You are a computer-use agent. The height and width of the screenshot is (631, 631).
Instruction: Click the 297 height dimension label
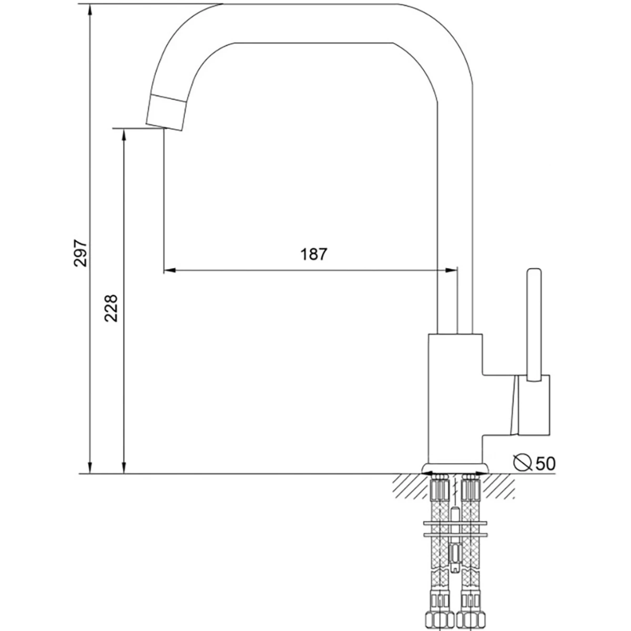[x=80, y=253]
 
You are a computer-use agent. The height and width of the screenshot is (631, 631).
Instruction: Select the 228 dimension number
[x=111, y=308]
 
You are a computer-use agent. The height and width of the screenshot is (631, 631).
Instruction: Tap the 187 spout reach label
[x=314, y=254]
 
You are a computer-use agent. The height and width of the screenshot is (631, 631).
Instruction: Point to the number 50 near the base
[x=545, y=463]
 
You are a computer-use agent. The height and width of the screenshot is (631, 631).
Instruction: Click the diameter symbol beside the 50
[x=522, y=463]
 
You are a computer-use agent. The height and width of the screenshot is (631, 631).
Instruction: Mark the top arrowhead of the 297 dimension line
[x=90, y=10]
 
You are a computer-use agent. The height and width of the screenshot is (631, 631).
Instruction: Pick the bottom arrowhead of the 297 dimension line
[x=90, y=468]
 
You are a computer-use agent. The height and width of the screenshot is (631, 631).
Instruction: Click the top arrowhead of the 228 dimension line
[x=124, y=134]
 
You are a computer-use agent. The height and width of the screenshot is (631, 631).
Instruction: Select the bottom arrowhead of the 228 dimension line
[x=124, y=468]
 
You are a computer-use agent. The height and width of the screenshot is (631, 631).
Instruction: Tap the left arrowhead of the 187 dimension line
[x=170, y=270]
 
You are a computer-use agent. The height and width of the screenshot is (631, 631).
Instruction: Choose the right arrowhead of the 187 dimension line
[x=451, y=270]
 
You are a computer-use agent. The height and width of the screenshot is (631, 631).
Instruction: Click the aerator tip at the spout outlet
[x=166, y=113]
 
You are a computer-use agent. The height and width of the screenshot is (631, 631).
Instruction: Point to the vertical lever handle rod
[x=534, y=325]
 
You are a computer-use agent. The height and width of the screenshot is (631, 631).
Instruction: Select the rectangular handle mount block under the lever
[x=534, y=405]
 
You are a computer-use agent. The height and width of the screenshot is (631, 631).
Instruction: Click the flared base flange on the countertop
[x=455, y=469]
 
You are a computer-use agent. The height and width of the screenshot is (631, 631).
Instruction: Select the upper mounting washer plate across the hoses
[x=455, y=523]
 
